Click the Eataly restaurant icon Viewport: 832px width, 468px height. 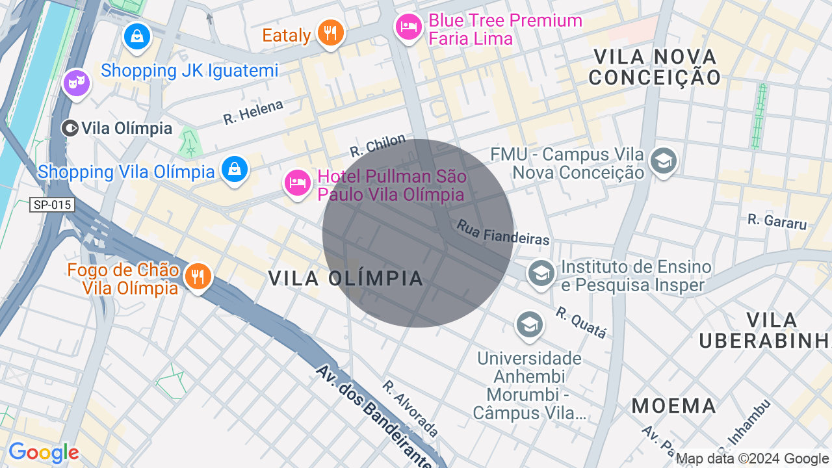(330, 32)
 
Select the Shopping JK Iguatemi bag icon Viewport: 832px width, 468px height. (137, 36)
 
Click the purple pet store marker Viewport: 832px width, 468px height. (77, 83)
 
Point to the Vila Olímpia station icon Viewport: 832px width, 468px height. (70, 128)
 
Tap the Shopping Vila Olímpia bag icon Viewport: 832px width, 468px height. (234, 169)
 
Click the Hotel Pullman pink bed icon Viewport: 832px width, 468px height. (298, 183)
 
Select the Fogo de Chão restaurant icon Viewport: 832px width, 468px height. (198, 277)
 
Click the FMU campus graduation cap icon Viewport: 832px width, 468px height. (663, 161)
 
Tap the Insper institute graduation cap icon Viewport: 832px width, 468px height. (541, 272)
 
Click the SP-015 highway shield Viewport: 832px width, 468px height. (52, 205)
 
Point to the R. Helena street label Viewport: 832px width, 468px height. (253, 112)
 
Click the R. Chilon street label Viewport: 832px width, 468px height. (378, 146)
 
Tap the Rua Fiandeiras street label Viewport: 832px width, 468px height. (503, 232)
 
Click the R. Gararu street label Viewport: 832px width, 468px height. (777, 221)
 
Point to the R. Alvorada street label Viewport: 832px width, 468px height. (410, 408)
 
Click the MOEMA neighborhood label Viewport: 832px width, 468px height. (673, 406)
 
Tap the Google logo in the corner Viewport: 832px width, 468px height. (44, 453)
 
